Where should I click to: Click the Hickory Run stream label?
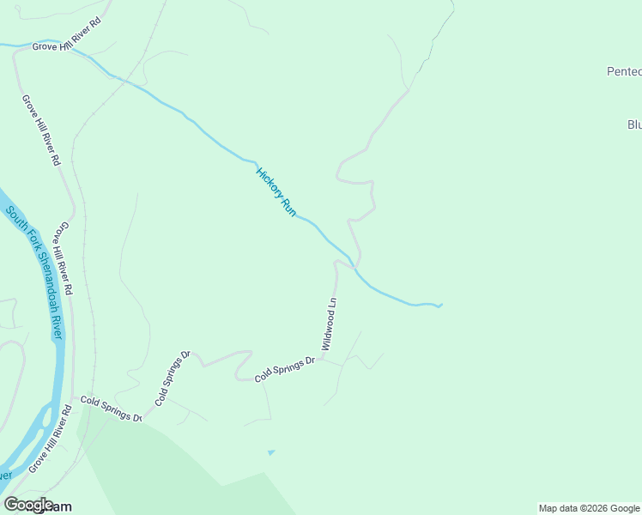(x=276, y=191)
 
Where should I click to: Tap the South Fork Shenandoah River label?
(x=33, y=271)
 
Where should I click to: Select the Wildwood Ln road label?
(x=329, y=324)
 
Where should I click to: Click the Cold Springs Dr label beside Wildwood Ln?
(x=286, y=368)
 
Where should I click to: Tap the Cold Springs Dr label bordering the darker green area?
(x=111, y=408)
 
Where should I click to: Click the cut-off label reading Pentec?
(x=623, y=72)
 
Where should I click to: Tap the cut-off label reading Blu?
(x=634, y=124)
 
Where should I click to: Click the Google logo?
(x=28, y=504)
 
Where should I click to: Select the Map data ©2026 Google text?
(x=589, y=508)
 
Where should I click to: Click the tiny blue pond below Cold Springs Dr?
(x=271, y=451)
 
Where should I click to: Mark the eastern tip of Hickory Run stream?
(x=441, y=305)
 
